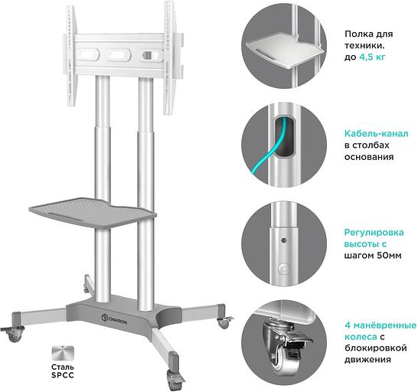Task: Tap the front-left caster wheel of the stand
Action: (14, 332)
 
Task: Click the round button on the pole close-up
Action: (284, 269)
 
